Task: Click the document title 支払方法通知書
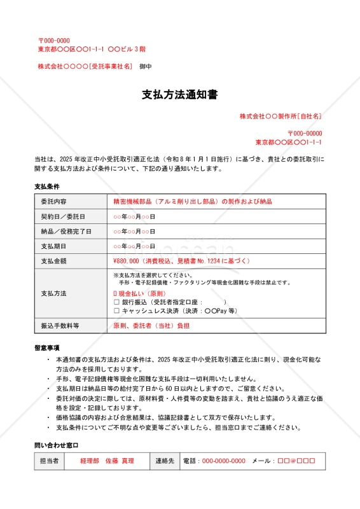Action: tap(179, 95)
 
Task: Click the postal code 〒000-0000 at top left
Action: tap(54, 41)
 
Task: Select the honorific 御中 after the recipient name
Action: tap(146, 66)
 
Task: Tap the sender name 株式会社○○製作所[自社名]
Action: tap(280, 116)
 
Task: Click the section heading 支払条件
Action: tap(46, 187)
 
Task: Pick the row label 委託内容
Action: tap(53, 202)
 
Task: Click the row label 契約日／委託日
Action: tap(62, 216)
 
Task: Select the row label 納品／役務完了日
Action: tap(66, 232)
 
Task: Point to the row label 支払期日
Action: tap(53, 246)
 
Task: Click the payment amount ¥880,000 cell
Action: tap(181, 261)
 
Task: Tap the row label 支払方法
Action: tap(53, 294)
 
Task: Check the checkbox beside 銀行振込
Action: tap(116, 302)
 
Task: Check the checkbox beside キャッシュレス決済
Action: tap(116, 311)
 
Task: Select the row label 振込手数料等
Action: tap(60, 326)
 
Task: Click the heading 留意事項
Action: tap(46, 347)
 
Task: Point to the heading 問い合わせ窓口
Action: tap(56, 445)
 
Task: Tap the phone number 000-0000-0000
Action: tap(223, 461)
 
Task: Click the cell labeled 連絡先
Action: tap(164, 461)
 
